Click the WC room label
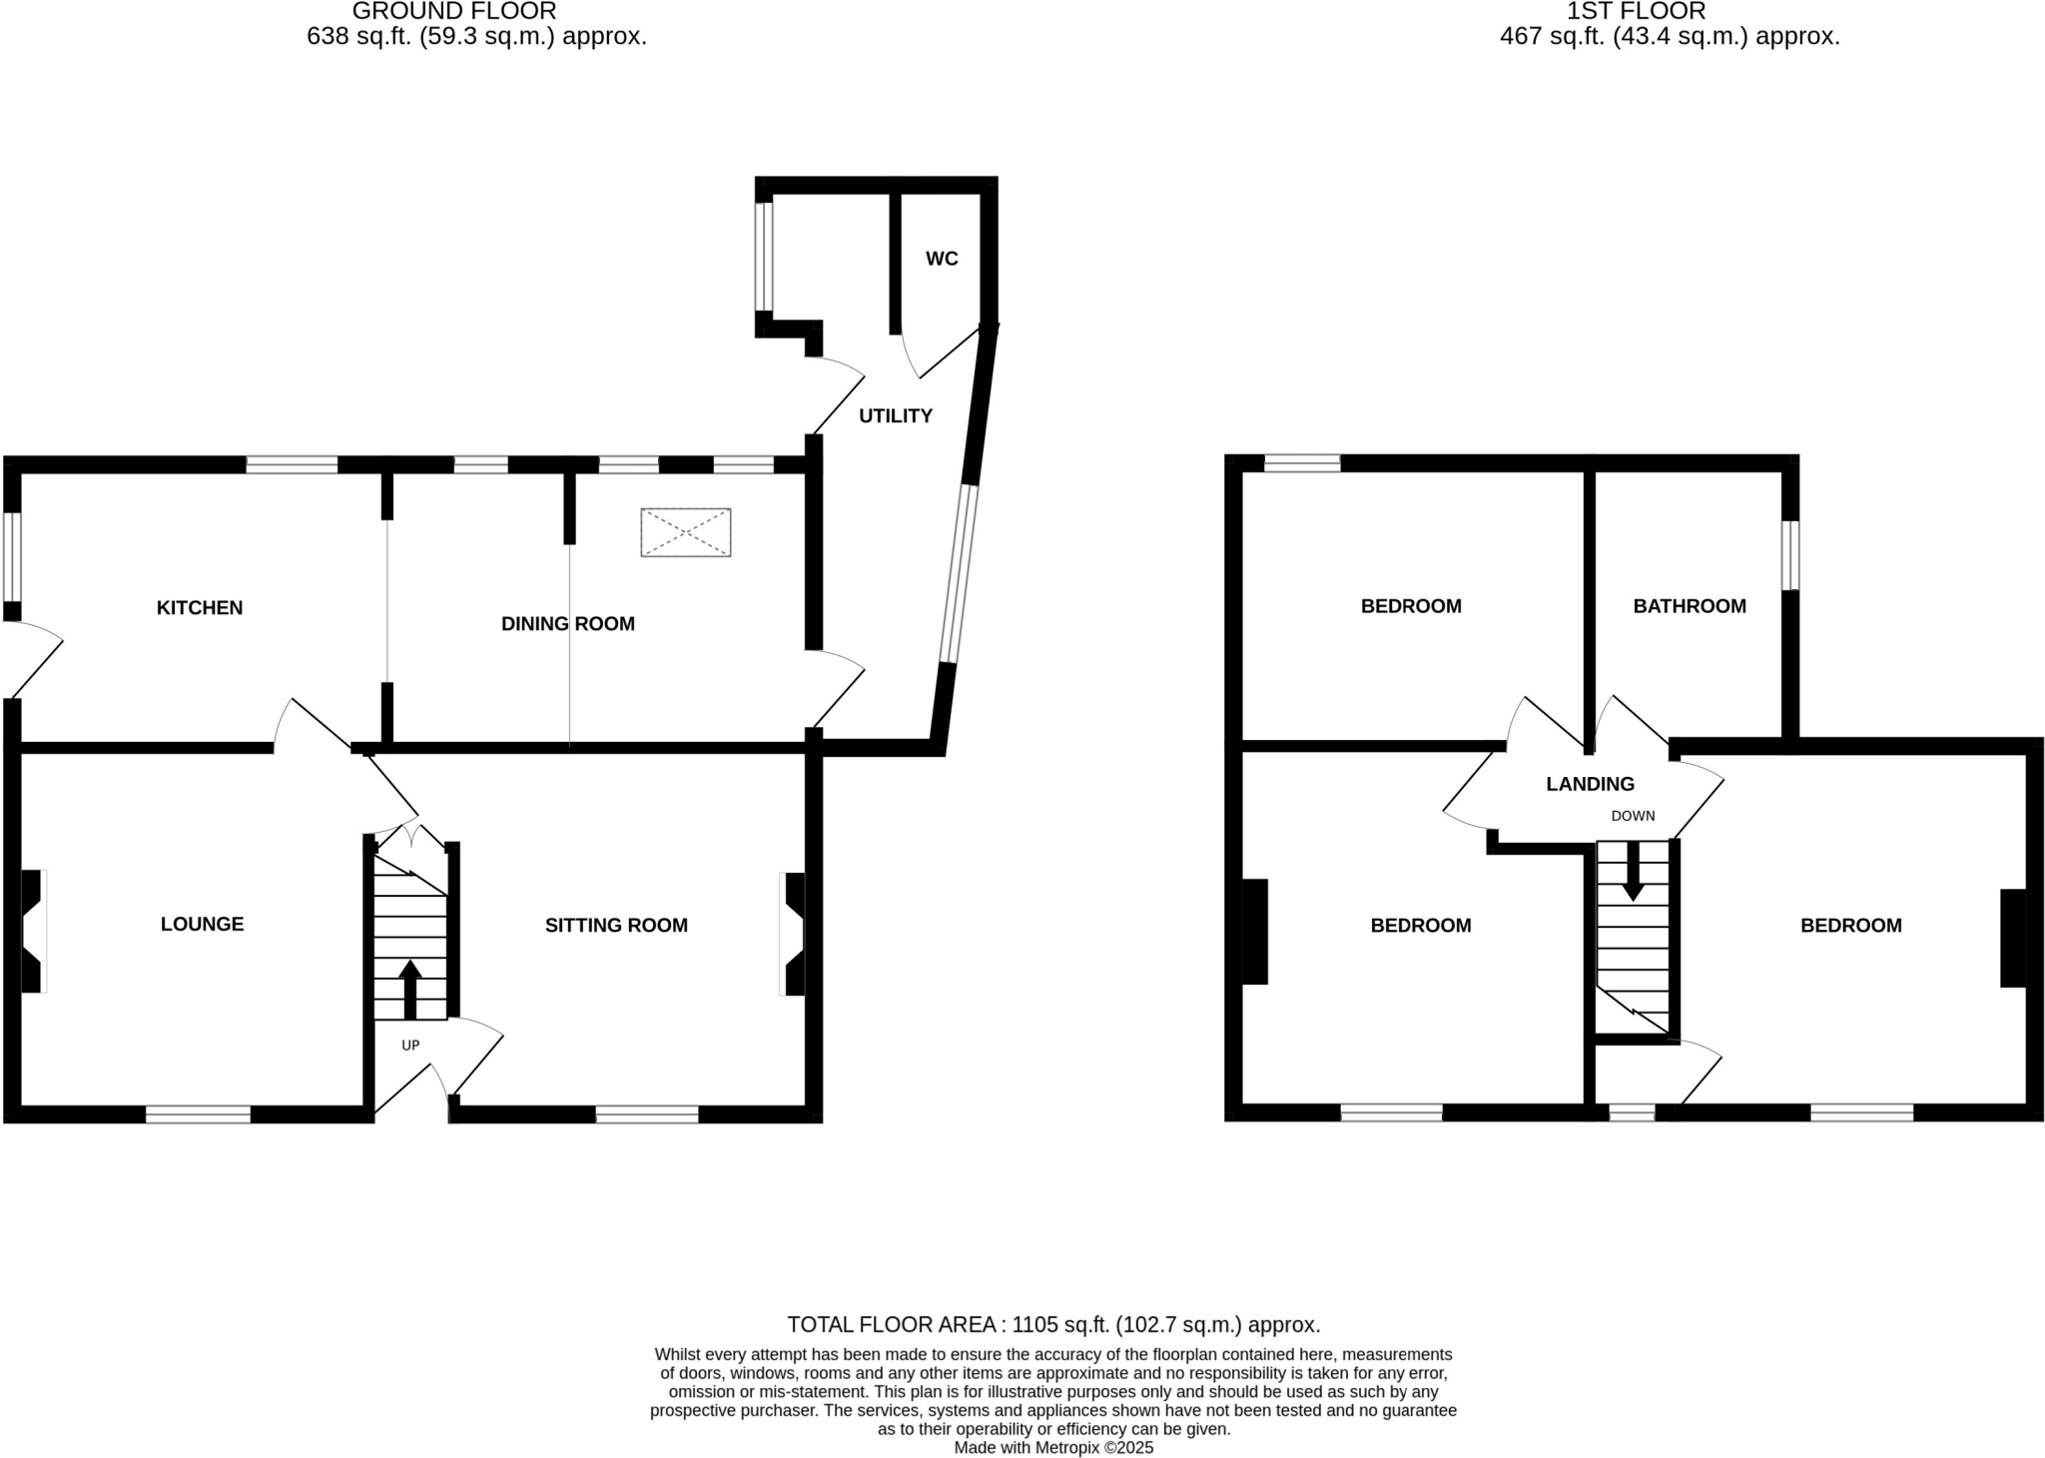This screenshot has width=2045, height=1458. click(942, 259)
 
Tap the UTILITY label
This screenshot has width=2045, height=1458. click(896, 415)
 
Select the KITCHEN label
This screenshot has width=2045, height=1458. click(200, 607)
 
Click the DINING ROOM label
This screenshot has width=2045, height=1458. click(567, 623)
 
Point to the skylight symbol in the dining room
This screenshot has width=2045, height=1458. click(686, 532)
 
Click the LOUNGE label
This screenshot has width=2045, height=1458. click(202, 924)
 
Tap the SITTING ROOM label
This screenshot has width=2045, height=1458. click(616, 925)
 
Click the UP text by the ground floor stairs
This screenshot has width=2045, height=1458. click(410, 1045)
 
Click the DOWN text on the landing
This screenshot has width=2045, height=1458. click(1633, 816)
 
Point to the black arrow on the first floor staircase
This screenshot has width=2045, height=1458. click(1633, 872)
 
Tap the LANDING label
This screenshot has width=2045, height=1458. click(1590, 784)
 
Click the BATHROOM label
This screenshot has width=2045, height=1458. click(1690, 606)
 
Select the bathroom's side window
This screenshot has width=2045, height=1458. click(1790, 555)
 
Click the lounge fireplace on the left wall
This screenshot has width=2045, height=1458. click(32, 931)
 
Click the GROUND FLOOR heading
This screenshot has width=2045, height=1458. click(454, 12)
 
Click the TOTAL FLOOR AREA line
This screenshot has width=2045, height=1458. click(1053, 1324)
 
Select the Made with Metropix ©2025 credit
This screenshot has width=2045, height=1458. click(1053, 1447)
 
